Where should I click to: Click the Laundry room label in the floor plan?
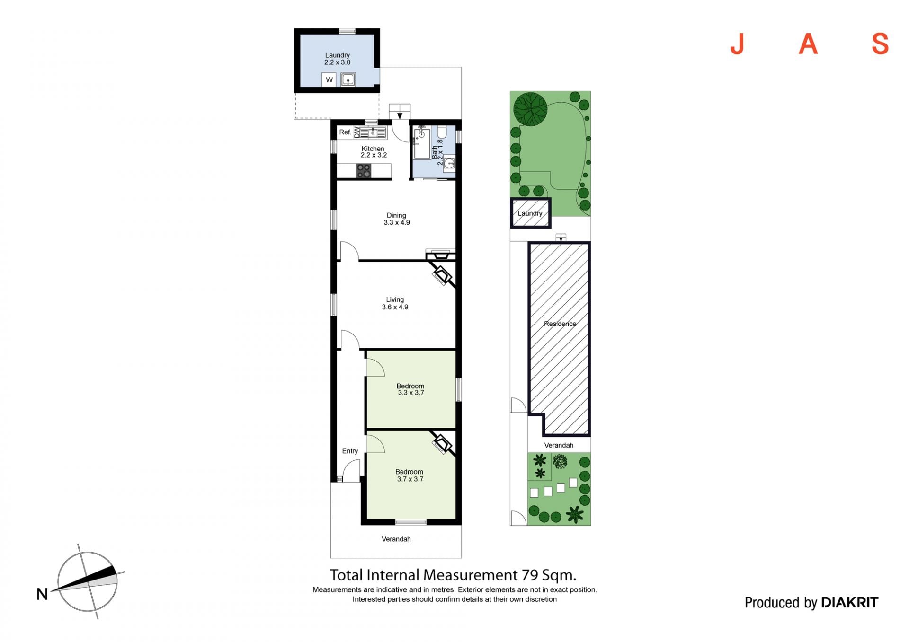337,55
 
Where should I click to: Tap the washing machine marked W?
329,79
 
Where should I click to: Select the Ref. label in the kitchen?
345,132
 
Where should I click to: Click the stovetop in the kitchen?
364,171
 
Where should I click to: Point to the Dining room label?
396,215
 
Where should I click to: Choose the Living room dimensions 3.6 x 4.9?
395,307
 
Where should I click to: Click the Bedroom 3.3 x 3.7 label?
410,389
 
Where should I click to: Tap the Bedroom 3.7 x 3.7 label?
410,475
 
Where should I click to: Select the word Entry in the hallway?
350,451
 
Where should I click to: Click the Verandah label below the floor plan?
396,539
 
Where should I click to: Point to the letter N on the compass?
42,594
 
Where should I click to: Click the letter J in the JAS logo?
738,44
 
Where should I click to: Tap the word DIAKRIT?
849,602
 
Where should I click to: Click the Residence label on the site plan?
560,324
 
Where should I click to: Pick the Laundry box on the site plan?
530,213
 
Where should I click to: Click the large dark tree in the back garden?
530,109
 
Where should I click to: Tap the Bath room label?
435,152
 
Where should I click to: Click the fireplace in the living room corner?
443,274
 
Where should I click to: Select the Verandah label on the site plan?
559,445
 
